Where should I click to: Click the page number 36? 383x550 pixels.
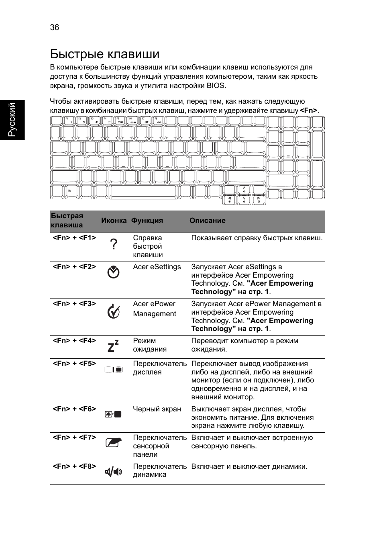pos(55,27)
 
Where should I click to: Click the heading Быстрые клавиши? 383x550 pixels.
pos(105,54)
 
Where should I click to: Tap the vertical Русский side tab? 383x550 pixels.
pos(12,120)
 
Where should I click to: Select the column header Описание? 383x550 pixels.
pos(207,221)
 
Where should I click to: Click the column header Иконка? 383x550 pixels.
pos(114,221)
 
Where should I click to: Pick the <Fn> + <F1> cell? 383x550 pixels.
pos(74,238)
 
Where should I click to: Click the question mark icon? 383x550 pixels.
pos(114,244)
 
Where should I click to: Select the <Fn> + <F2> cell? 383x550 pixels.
pos(74,267)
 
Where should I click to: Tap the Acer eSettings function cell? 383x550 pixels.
pos(157,267)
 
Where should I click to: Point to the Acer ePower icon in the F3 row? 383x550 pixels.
pos(114,311)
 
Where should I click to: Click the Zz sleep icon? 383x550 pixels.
pos(114,346)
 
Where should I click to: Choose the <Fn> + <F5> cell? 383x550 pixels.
pos(74,364)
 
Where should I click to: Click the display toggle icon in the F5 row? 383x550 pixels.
pos(114,370)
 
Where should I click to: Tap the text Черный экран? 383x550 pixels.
pos(157,409)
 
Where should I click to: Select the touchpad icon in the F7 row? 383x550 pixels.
pos(114,443)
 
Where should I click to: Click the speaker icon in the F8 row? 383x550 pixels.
pos(114,472)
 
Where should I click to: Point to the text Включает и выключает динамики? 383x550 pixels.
pos(249,466)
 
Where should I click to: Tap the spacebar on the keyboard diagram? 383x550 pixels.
pos(143,192)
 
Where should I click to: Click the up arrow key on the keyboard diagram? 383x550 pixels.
pos(244,190)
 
